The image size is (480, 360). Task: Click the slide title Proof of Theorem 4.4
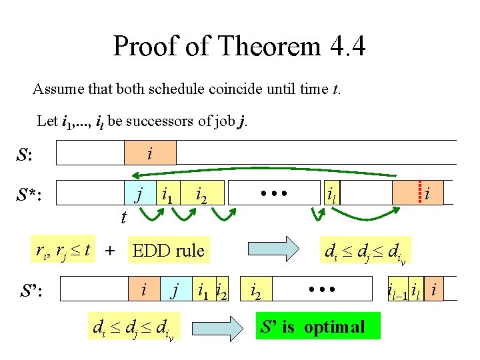point(239,47)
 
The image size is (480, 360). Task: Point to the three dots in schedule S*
point(274,193)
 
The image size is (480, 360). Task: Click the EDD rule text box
point(168,251)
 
